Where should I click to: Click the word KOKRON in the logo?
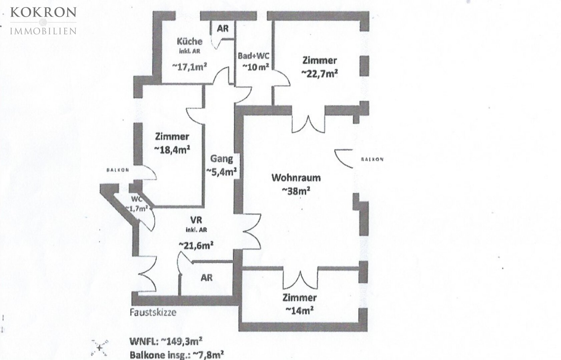(x=43, y=13)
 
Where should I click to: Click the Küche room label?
(x=189, y=41)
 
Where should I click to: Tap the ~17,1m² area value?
(x=189, y=67)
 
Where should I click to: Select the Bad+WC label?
(x=253, y=56)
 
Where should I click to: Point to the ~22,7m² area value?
(x=320, y=73)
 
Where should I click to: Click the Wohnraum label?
(x=296, y=178)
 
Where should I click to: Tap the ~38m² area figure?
(x=296, y=191)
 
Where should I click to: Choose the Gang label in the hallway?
(x=221, y=159)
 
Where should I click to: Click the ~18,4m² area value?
(x=172, y=149)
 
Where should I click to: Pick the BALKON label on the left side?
(x=118, y=170)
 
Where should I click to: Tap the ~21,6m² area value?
(x=196, y=246)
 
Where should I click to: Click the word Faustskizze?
(x=153, y=313)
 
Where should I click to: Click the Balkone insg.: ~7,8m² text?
(x=177, y=354)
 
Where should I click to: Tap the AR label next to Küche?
(x=223, y=29)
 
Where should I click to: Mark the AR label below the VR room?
(x=206, y=278)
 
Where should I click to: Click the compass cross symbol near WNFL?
(x=100, y=347)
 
